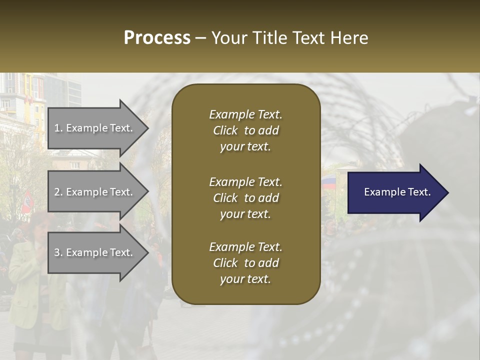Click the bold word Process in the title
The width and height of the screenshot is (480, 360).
(157, 38)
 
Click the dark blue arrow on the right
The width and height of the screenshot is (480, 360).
(398, 192)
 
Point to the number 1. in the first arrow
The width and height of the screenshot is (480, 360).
(58, 128)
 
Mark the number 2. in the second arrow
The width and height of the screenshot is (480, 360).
(58, 192)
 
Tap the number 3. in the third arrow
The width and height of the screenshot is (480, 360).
(58, 252)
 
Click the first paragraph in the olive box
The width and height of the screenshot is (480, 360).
(245, 130)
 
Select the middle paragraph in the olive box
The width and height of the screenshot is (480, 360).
(245, 197)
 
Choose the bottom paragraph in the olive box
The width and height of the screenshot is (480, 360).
(245, 263)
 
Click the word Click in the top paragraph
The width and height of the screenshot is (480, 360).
(225, 130)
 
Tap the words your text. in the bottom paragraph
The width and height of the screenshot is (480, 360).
(245, 279)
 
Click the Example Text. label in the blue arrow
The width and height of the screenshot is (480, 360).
(397, 192)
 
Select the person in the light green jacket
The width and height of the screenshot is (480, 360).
(25, 280)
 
